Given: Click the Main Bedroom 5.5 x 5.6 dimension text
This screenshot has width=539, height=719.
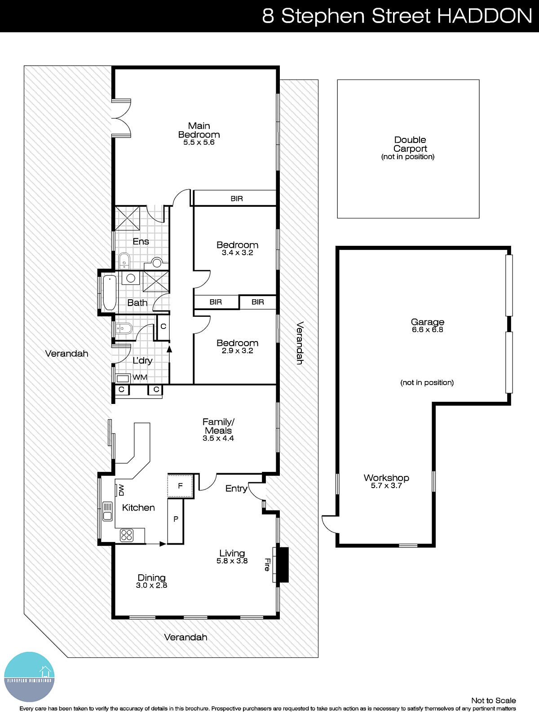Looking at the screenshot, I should click(199, 142).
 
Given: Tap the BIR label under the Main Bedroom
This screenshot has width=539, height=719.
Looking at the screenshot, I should click(237, 199).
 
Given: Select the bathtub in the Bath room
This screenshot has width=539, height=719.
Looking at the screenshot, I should click(109, 293).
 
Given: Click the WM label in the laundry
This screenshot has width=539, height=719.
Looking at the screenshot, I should click(140, 377).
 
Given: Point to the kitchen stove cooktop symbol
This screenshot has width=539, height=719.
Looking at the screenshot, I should click(127, 535).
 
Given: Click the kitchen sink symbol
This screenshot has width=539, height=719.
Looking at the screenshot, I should click(107, 511).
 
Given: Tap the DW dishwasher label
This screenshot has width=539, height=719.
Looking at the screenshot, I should click(121, 490).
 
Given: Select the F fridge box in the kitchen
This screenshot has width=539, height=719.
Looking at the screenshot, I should click(180, 486).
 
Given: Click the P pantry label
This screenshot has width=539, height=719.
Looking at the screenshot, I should click(176, 519).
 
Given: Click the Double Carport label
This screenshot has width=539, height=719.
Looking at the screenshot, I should click(410, 144).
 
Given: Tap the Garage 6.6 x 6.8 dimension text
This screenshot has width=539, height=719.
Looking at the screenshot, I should click(427, 330).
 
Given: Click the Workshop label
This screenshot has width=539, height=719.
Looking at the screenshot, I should click(386, 478).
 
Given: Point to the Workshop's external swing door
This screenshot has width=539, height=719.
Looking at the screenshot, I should click(330, 524).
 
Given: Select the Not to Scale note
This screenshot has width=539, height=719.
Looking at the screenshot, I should click(493, 700).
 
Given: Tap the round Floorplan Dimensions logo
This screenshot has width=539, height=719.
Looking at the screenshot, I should click(29, 677).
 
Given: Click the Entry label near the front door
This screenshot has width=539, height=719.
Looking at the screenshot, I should click(236, 488).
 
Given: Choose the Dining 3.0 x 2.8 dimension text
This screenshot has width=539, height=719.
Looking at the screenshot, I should click(151, 586).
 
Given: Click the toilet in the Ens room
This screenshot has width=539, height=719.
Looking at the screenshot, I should click(124, 261).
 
